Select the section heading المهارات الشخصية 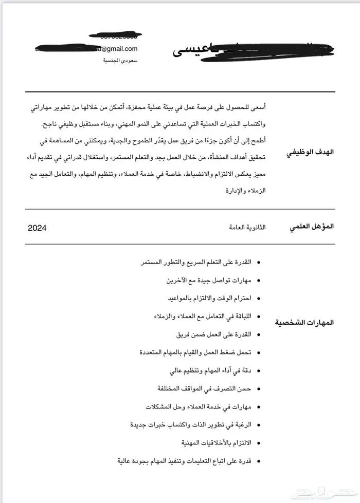(x=305, y=323)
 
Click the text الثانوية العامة (x=246, y=227)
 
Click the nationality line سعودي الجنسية (x=120, y=61)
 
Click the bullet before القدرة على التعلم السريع (x=258, y=263)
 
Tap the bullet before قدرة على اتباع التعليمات (x=258, y=460)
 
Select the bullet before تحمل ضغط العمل (x=258, y=352)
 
